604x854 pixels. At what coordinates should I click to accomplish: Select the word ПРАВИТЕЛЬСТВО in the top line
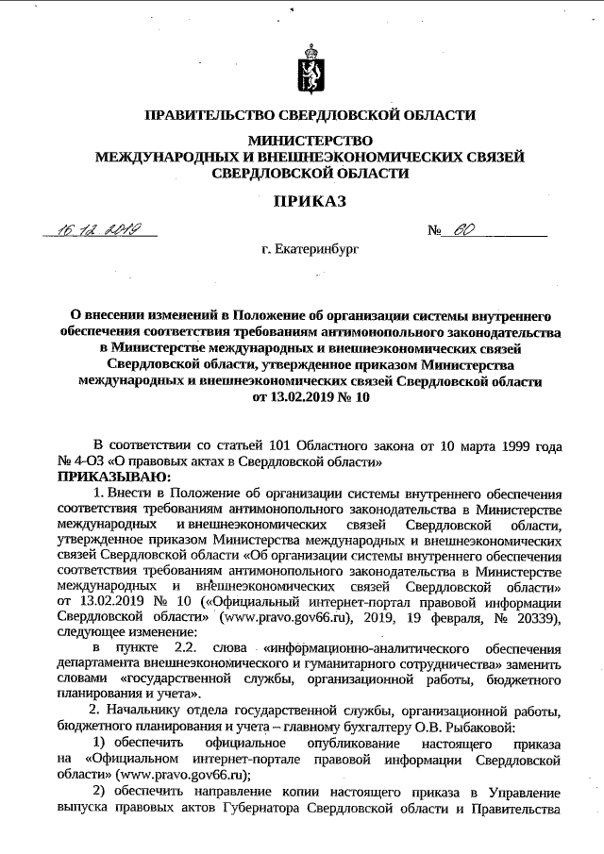point(209,115)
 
